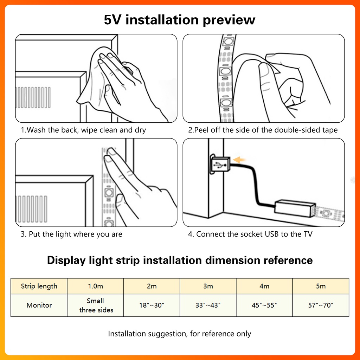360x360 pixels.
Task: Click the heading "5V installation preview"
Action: [180, 19]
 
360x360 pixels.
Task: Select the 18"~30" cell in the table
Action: [152, 305]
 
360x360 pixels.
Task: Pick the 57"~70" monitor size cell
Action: [321, 305]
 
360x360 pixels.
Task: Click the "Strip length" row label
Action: [39, 286]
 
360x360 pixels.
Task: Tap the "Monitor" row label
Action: [39, 305]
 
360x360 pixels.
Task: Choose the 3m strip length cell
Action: [208, 286]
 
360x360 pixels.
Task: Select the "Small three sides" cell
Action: [96, 305]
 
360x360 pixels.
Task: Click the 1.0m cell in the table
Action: [96, 286]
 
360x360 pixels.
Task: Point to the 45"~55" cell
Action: [264, 305]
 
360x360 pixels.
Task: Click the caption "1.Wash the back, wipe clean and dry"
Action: [83, 130]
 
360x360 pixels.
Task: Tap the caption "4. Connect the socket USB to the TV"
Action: [250, 234]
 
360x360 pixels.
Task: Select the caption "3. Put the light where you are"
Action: [71, 234]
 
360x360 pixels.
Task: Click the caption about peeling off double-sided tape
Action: [263, 130]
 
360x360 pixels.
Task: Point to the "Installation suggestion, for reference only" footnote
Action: [180, 334]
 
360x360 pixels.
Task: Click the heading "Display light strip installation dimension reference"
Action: [180, 261]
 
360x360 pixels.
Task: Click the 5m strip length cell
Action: [321, 286]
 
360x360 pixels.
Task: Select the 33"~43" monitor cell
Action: [208, 305]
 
